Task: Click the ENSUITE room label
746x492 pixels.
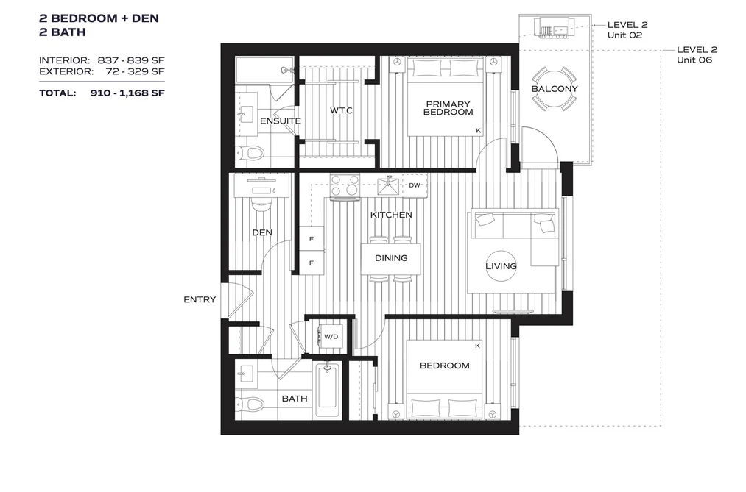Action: [281, 121]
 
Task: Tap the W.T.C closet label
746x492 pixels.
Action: [341, 110]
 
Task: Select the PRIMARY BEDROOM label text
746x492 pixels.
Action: [448, 108]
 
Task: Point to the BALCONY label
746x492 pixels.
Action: [555, 89]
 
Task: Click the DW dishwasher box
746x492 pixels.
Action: [415, 185]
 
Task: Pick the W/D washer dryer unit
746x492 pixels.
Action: [330, 337]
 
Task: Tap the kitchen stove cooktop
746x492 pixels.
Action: [345, 185]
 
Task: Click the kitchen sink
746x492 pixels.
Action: [389, 185]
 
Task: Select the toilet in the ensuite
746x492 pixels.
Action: [250, 154]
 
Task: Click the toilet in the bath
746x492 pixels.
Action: [250, 404]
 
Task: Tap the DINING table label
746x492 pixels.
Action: [391, 258]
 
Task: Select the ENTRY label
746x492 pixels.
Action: [200, 299]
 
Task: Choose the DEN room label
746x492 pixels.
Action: [262, 232]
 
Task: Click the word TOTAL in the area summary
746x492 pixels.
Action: [57, 93]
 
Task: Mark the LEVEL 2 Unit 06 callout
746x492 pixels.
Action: [697, 54]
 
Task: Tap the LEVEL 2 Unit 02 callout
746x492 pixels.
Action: [627, 30]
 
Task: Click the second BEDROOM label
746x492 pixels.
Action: [444, 366]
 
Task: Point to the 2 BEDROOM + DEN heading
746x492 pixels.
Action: [99, 18]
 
